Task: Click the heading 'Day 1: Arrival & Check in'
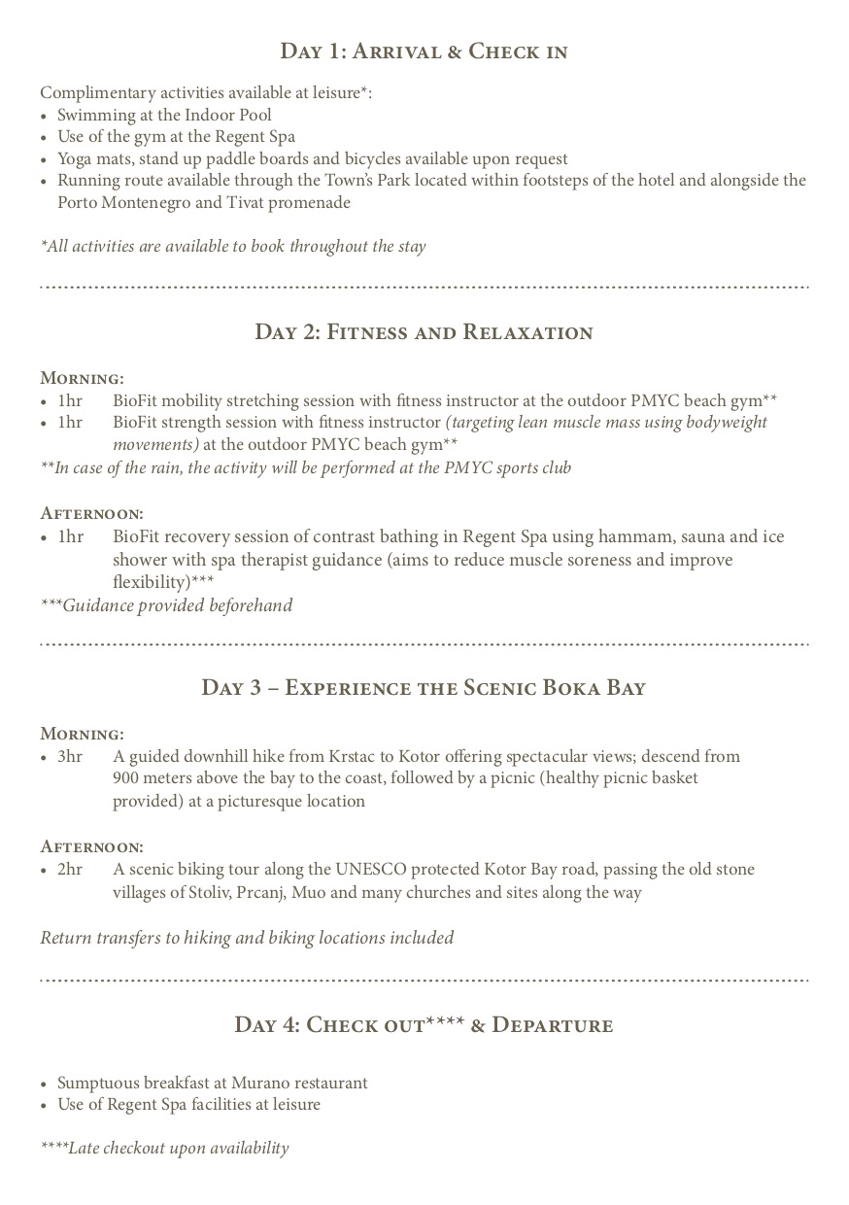click(x=424, y=52)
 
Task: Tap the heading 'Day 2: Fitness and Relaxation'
click(x=424, y=332)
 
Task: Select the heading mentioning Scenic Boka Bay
click(x=424, y=688)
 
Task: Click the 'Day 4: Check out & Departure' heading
click(x=424, y=1025)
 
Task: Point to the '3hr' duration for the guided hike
click(x=70, y=757)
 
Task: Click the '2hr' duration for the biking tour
click(x=70, y=870)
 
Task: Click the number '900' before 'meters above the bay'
click(x=127, y=779)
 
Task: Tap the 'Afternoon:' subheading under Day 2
click(x=91, y=513)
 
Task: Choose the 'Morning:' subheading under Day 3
click(x=82, y=734)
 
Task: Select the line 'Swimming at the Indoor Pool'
click(x=164, y=116)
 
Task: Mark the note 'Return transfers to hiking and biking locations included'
click(x=247, y=939)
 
